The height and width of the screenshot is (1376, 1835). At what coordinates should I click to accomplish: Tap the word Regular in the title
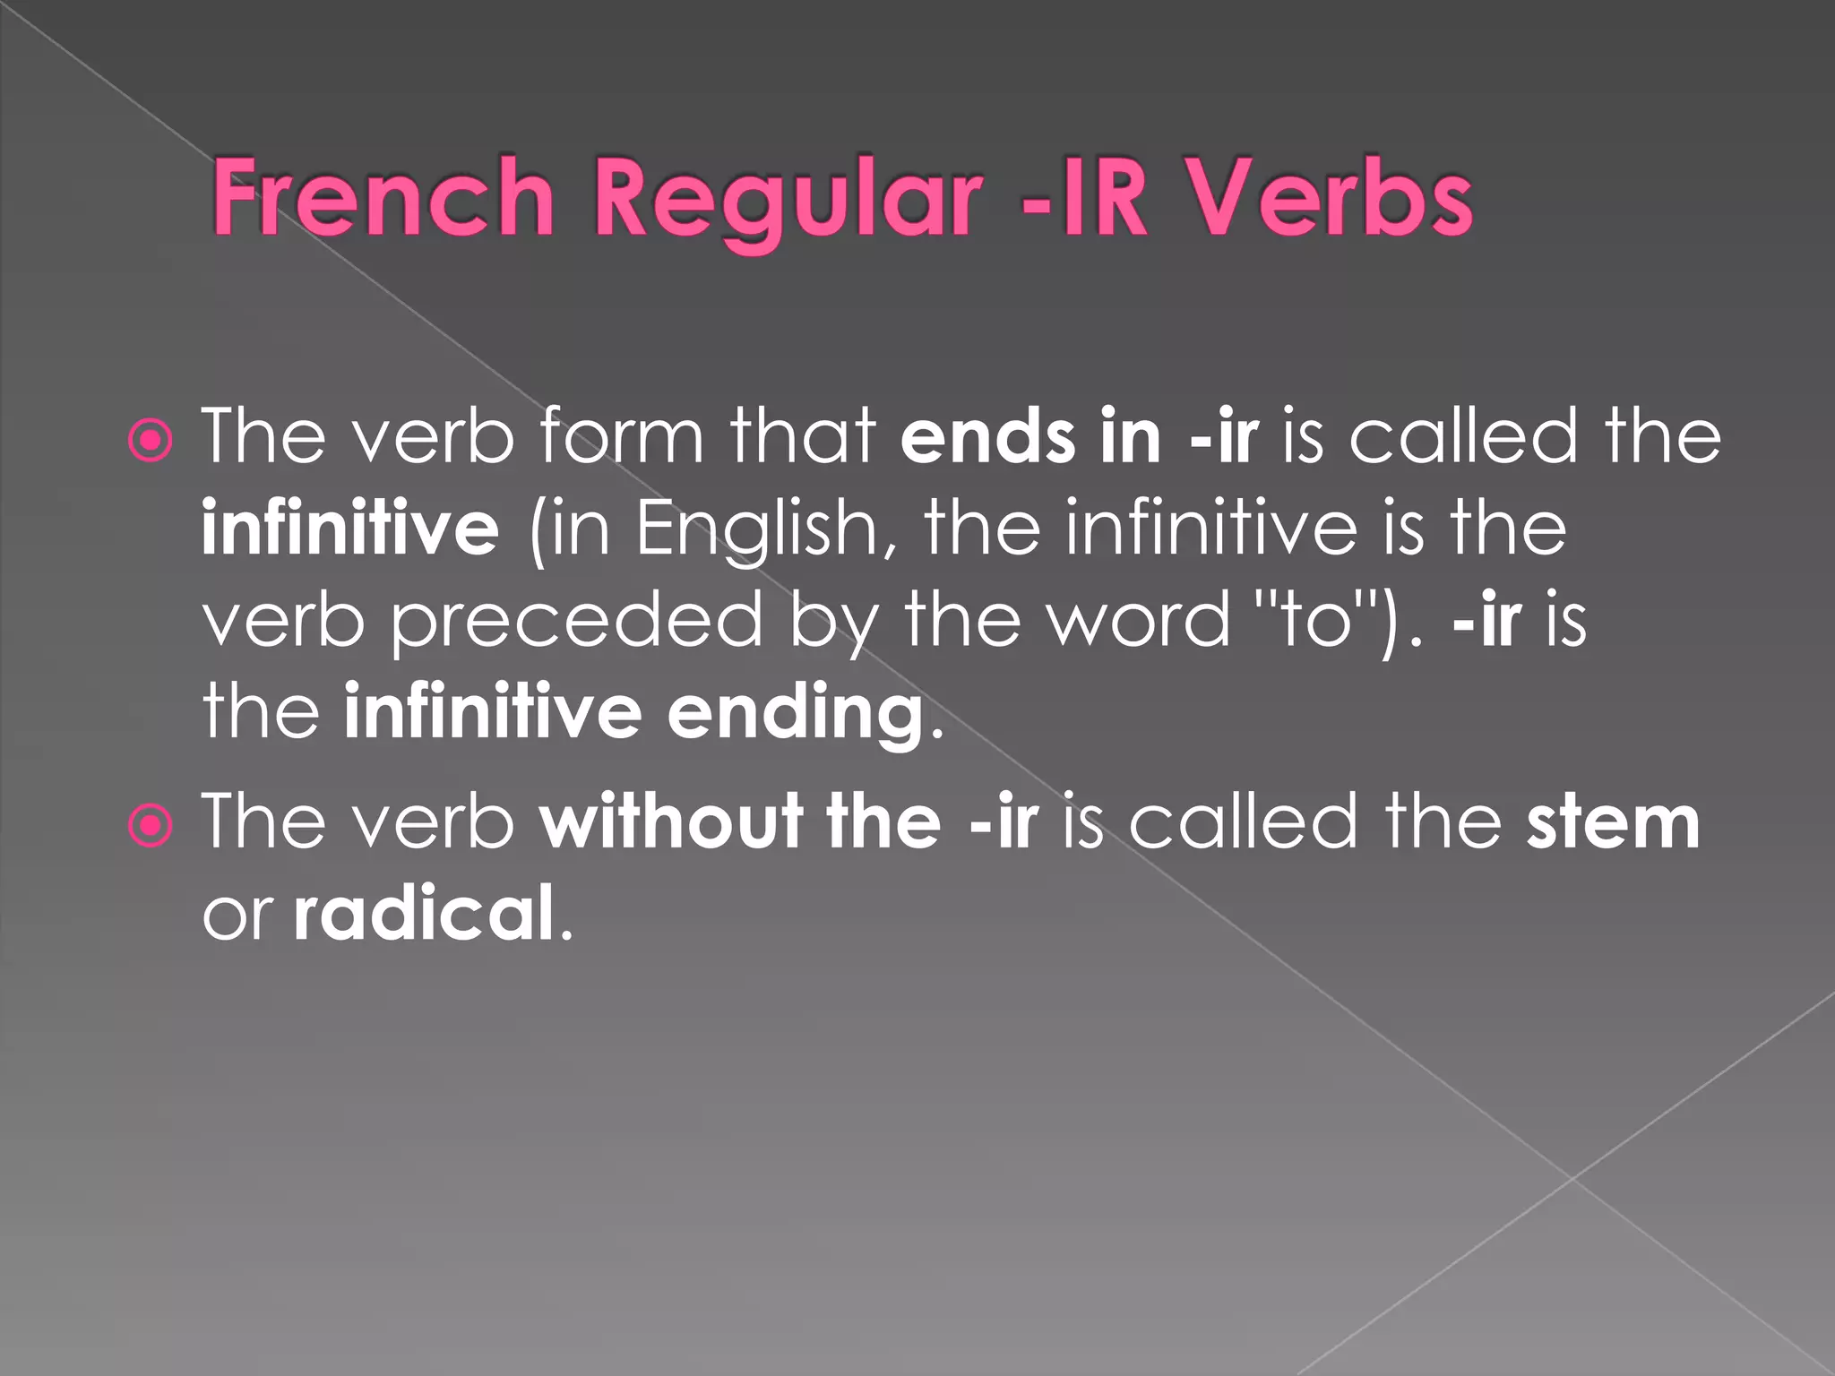click(x=787, y=202)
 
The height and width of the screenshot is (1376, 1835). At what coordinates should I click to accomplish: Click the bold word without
click(x=671, y=822)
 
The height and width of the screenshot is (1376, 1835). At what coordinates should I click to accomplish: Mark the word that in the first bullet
click(x=802, y=436)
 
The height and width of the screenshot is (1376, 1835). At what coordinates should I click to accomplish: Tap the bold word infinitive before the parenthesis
click(x=350, y=529)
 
